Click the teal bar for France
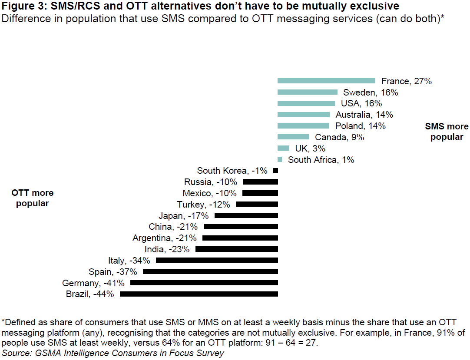(x=326, y=81)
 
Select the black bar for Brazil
(x=199, y=294)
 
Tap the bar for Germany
(x=204, y=283)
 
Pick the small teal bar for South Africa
(x=280, y=159)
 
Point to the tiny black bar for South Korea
(x=275, y=171)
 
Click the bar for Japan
(x=246, y=215)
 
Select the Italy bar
(x=217, y=260)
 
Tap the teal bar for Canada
(x=293, y=137)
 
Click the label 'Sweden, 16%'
(x=371, y=92)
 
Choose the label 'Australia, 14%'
(x=364, y=115)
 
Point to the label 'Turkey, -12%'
(x=204, y=205)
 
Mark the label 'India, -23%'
(x=167, y=249)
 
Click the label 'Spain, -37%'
(x=113, y=272)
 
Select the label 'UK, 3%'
(x=310, y=149)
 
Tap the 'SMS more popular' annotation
(x=447, y=132)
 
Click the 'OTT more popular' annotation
(x=33, y=198)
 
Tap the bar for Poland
(x=303, y=126)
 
